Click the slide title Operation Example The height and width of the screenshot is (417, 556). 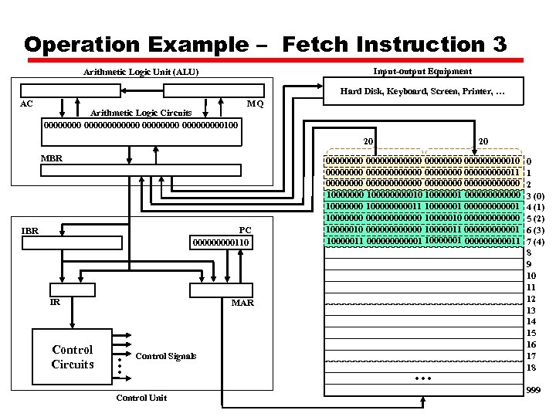click(x=266, y=44)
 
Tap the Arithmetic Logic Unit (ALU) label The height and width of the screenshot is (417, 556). click(x=141, y=73)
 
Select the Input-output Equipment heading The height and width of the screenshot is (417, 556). click(x=422, y=71)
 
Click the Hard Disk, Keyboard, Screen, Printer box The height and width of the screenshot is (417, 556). click(x=422, y=93)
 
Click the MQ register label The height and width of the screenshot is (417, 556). click(x=255, y=103)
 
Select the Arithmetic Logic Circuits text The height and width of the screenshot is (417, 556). click(x=141, y=113)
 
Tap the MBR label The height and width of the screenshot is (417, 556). click(x=52, y=158)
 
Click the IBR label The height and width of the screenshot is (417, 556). click(x=30, y=230)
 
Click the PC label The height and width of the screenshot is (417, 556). click(x=245, y=230)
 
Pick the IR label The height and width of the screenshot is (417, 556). click(x=55, y=303)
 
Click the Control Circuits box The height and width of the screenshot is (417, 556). click(x=73, y=357)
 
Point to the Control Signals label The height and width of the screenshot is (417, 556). click(x=165, y=356)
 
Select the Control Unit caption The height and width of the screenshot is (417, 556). click(x=140, y=398)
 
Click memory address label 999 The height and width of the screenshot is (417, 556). click(x=533, y=392)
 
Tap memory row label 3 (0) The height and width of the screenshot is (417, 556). click(x=535, y=196)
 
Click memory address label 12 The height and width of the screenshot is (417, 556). click(x=531, y=299)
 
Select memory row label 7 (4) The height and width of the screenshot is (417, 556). click(x=535, y=242)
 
